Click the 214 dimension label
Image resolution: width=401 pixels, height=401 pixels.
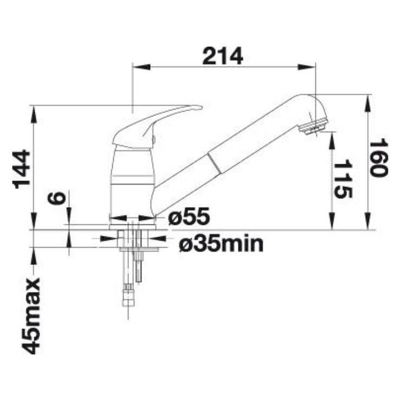click(223, 56)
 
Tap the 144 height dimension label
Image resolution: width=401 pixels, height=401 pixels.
click(23, 169)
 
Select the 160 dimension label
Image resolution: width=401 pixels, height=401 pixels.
click(378, 158)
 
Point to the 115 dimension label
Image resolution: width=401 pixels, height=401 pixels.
click(343, 179)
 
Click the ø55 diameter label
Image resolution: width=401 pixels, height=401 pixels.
click(189, 216)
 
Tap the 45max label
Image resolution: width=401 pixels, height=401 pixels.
click(31, 316)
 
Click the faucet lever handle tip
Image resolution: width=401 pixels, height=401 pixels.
click(200, 107)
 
